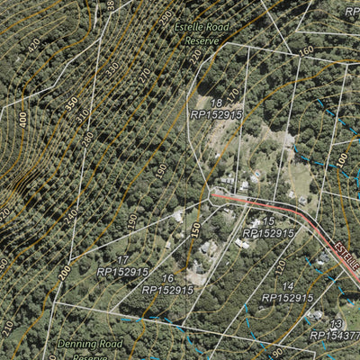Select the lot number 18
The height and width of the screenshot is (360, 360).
click(x=216, y=103)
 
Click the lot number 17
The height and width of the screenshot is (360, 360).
click(x=123, y=259)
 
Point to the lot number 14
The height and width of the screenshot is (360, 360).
click(x=287, y=285)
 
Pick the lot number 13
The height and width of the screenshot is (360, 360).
click(x=335, y=324)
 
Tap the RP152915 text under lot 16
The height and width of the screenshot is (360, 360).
click(x=167, y=290)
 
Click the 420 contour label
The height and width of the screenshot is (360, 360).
click(x=35, y=44)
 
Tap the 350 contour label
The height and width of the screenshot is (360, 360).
click(x=71, y=103)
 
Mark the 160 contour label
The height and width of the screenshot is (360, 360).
click(x=306, y=50)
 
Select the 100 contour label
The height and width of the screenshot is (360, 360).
click(x=342, y=158)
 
